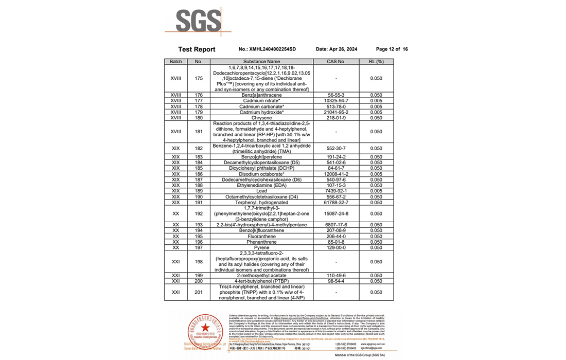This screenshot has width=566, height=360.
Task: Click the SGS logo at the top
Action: [x=198, y=21]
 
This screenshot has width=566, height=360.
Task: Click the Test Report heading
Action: [x=197, y=49]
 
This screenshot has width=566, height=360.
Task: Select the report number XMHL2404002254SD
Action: [x=268, y=49]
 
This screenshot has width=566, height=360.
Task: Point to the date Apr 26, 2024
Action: [x=336, y=49]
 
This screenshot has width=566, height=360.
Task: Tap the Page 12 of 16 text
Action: [x=392, y=49]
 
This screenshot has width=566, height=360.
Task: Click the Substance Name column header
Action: [x=261, y=62]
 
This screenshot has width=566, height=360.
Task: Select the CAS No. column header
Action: [x=336, y=62]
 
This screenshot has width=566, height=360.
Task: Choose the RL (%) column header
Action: [x=376, y=62]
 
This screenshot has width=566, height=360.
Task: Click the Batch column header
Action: [x=176, y=62]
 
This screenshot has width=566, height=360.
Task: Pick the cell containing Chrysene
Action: [x=261, y=118]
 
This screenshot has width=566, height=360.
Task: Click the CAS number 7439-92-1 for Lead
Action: [x=336, y=191]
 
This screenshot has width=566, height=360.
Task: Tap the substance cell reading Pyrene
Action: [x=261, y=247]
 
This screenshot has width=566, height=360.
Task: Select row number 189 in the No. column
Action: [x=199, y=191]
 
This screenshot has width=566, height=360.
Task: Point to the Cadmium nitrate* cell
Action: [x=261, y=101]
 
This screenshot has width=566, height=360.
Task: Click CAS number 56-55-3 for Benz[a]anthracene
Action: [x=336, y=95]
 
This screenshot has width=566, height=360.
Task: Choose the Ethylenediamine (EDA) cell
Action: [x=261, y=185]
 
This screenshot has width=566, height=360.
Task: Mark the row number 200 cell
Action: [x=199, y=281]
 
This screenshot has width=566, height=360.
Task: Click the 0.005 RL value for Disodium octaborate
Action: [x=376, y=174]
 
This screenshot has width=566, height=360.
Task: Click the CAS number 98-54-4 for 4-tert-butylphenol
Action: [x=336, y=281]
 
